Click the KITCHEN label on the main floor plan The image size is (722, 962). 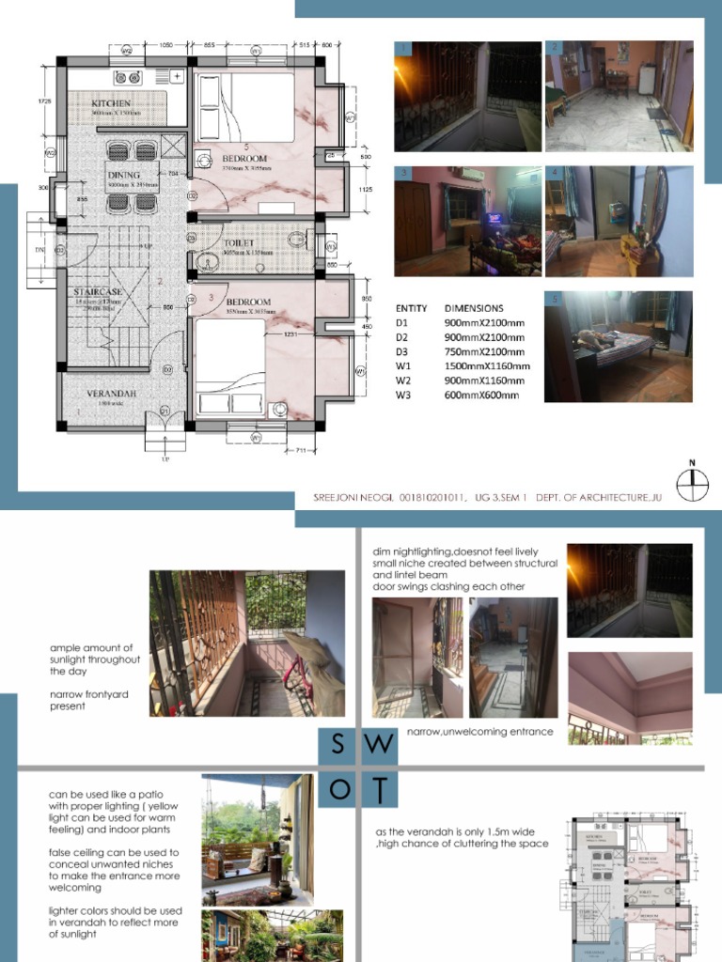point(111,102)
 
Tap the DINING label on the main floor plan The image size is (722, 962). point(124,175)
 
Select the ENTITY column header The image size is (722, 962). point(412,308)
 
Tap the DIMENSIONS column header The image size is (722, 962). point(474,308)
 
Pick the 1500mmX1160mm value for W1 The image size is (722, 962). point(487,366)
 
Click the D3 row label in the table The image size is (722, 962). point(402,351)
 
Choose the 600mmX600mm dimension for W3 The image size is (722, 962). point(481,396)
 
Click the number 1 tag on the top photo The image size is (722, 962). point(403,48)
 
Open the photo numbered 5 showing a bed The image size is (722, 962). point(619,347)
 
